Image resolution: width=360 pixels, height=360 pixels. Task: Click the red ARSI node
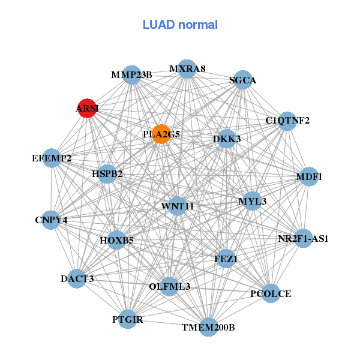(88, 108)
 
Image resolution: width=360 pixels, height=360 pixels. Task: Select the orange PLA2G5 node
(161, 134)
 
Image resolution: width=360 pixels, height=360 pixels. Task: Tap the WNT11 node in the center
(178, 206)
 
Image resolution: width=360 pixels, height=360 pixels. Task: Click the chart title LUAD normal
(180, 25)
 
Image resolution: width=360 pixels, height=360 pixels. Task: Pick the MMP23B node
(131, 75)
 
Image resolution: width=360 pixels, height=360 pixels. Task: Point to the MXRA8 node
(187, 69)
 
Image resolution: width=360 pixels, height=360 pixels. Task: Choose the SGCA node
(242, 80)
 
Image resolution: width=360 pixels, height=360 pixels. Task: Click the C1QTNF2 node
(287, 121)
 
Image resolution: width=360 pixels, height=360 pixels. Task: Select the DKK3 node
(227, 139)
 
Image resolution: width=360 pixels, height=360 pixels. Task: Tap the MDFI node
(309, 176)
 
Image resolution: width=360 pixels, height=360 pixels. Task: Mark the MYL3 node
(252, 201)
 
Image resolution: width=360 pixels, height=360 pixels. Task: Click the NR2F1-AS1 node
(304, 238)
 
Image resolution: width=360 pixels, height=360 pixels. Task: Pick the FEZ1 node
(226, 259)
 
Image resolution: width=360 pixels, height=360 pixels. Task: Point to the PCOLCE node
(271, 293)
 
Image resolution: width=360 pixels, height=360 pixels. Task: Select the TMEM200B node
(208, 327)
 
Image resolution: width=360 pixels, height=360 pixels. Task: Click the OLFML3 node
(170, 287)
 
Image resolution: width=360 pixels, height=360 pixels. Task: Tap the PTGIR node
(128, 319)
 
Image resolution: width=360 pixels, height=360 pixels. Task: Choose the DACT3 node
(77, 278)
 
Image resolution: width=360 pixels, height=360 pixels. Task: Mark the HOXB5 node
(117, 241)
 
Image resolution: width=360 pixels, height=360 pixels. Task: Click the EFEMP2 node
(52, 158)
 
